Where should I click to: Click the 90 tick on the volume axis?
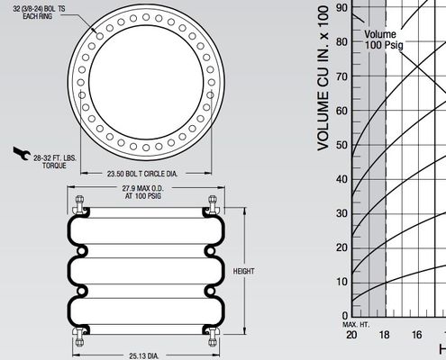click(340, 7)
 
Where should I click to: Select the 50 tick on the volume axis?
click(340, 143)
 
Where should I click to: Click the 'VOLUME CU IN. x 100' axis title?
click(320, 76)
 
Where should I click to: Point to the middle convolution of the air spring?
click(147, 270)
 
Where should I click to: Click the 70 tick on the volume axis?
click(340, 76)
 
